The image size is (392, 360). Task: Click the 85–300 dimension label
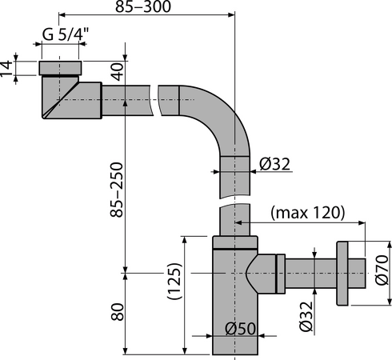143,6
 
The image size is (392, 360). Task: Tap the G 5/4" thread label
66,34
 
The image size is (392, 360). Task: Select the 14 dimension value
6,69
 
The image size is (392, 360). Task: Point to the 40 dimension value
118,71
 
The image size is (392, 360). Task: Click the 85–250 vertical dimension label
117,190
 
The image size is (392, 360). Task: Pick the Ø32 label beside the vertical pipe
274,164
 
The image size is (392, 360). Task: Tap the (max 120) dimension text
308,213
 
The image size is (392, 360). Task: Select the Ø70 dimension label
382,270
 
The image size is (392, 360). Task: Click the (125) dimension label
174,281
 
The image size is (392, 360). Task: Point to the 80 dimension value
118,312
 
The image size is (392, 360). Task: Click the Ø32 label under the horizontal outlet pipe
306,316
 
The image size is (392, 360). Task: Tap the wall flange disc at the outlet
342,274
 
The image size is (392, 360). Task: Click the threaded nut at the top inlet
60,68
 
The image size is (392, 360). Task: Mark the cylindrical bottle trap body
235,302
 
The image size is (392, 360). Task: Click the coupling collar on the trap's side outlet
281,274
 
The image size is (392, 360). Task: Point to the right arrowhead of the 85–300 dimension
231,15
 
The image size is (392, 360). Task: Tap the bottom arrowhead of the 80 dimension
125,351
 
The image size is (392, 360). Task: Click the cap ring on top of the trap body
235,242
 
